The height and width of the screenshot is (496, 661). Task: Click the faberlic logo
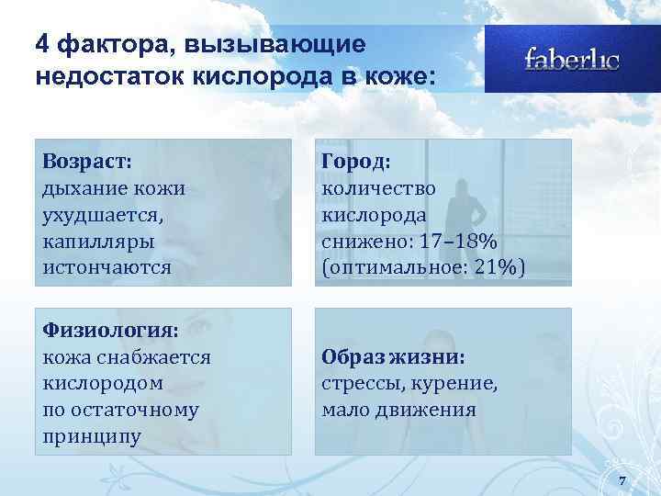point(571,60)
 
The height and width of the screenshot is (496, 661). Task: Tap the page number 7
point(622,481)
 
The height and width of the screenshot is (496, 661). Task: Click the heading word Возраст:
point(87,161)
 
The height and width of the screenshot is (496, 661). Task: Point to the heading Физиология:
point(110,329)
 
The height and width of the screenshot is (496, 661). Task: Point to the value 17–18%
point(457,241)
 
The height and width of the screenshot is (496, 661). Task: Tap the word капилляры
point(98,241)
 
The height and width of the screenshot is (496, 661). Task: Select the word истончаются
point(106,267)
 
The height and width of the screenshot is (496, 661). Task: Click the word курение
point(457,382)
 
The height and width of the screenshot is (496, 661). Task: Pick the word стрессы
point(361,382)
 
